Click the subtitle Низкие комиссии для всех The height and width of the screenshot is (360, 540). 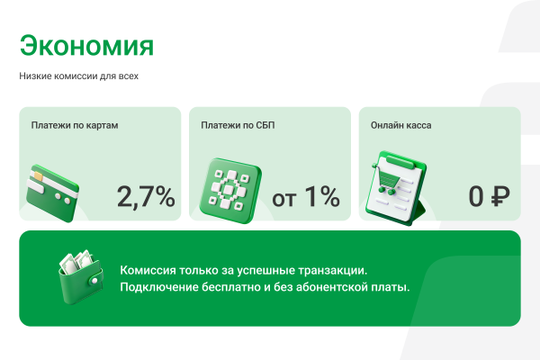(x=79, y=76)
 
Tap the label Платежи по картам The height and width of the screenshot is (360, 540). (x=75, y=125)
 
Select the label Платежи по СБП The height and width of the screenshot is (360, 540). (x=238, y=125)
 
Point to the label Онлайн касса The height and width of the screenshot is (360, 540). (x=401, y=125)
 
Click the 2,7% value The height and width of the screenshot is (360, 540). (x=146, y=195)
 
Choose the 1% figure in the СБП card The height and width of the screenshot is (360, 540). (x=320, y=195)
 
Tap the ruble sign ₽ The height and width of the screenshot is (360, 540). (x=500, y=195)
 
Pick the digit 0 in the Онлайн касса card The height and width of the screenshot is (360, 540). (x=476, y=195)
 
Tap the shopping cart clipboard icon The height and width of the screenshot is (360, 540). (x=393, y=188)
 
